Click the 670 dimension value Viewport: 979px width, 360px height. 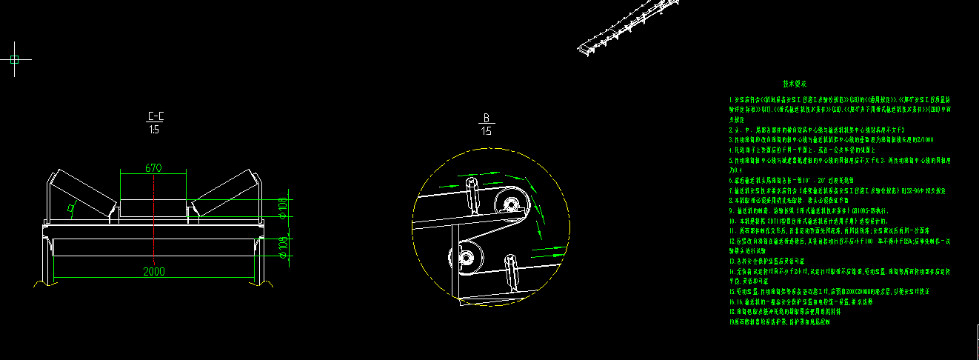click(x=153, y=168)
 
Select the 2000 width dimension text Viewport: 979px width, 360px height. click(x=154, y=272)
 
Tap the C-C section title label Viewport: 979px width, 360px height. click(x=156, y=116)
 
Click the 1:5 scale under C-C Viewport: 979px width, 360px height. click(x=154, y=130)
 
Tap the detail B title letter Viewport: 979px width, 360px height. click(x=487, y=118)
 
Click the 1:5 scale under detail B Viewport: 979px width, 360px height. click(x=487, y=131)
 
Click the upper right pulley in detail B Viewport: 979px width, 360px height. click(x=509, y=203)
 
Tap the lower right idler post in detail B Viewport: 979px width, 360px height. click(x=512, y=270)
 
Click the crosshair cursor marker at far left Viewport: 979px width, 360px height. click(x=14, y=59)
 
